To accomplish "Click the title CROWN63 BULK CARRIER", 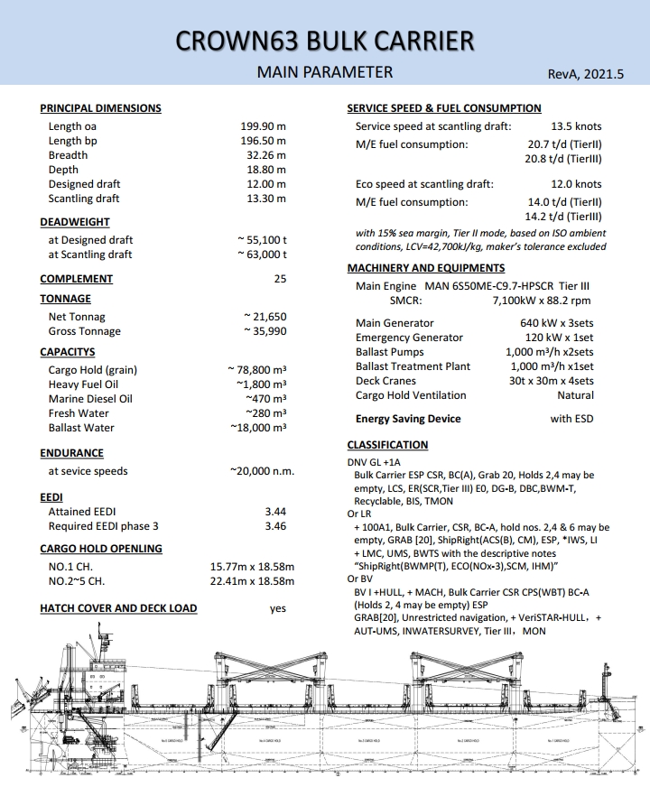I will pyautogui.click(x=325, y=41).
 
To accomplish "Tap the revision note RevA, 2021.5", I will pyautogui.click(x=586, y=75).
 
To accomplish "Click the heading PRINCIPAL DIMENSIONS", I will pyautogui.click(x=100, y=108).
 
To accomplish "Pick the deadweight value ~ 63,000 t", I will pyautogui.click(x=262, y=255).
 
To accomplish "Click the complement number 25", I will pyautogui.click(x=280, y=279).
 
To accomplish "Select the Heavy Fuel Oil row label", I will pyautogui.click(x=83, y=384).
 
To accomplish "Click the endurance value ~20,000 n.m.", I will pyautogui.click(x=262, y=471).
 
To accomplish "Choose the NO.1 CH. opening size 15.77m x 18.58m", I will pyautogui.click(x=252, y=567).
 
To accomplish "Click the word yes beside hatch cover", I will pyautogui.click(x=278, y=608).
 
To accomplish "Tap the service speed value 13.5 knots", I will pyautogui.click(x=576, y=126).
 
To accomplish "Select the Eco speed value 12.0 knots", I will pyautogui.click(x=576, y=184).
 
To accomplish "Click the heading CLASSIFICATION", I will pyautogui.click(x=387, y=445).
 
